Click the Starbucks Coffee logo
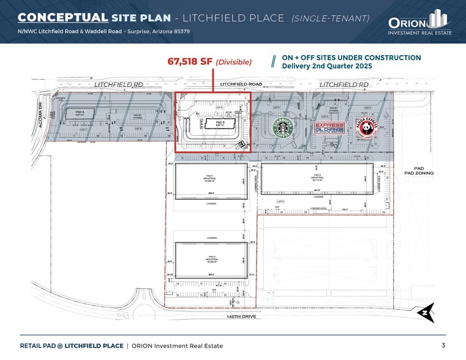pos(284,128)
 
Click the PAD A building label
pos(80,113)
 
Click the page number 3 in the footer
pos(443,345)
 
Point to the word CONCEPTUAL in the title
pos(63,18)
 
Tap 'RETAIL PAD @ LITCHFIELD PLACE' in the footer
pos(71,346)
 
